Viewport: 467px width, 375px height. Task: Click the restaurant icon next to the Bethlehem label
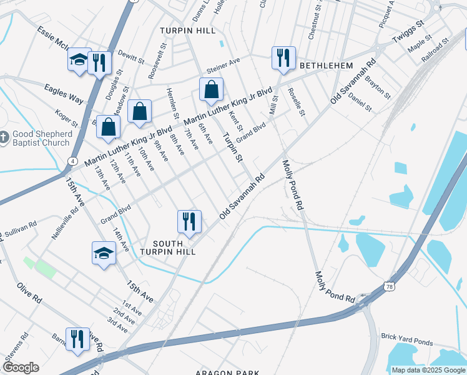tap(283, 58)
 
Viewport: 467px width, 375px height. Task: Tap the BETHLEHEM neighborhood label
tap(326, 66)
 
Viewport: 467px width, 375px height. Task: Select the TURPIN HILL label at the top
tap(187, 31)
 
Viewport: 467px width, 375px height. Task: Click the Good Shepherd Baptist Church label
tap(42, 138)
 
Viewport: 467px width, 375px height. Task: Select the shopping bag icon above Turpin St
tap(211, 89)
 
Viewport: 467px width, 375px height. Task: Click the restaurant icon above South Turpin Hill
tap(189, 221)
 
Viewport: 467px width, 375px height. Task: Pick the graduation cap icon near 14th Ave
tap(104, 253)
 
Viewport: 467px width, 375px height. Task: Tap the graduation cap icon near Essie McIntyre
tap(79, 60)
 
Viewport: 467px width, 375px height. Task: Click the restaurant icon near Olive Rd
tap(77, 339)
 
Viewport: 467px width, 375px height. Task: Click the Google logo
tap(20, 367)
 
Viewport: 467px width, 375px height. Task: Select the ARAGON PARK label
tap(224, 372)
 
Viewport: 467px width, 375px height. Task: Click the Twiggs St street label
tap(408, 31)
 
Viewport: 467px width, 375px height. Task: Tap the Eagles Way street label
tap(64, 94)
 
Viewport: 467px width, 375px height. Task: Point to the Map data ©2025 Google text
tap(428, 370)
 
